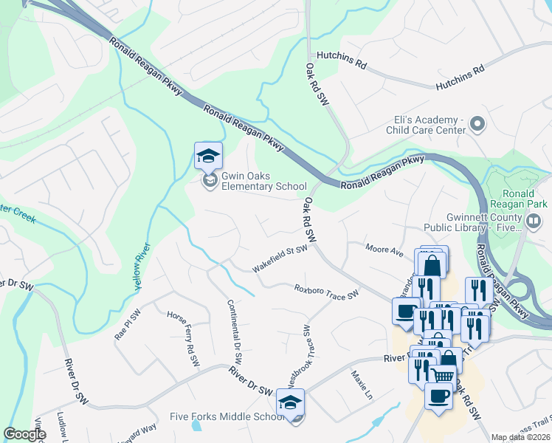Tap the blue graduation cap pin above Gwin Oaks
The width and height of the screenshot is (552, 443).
[208, 156]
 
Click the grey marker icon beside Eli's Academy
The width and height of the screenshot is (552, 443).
[477, 124]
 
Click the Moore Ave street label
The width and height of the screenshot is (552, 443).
[385, 250]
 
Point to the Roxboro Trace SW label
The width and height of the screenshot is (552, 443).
[326, 292]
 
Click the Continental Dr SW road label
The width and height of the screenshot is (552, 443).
[235, 335]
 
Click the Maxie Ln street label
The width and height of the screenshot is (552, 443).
[359, 385]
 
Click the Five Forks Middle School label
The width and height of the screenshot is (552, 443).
[228, 417]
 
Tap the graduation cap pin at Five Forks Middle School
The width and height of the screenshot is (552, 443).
[290, 402]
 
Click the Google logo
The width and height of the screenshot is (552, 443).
[25, 434]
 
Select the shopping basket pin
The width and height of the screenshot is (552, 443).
[442, 377]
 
